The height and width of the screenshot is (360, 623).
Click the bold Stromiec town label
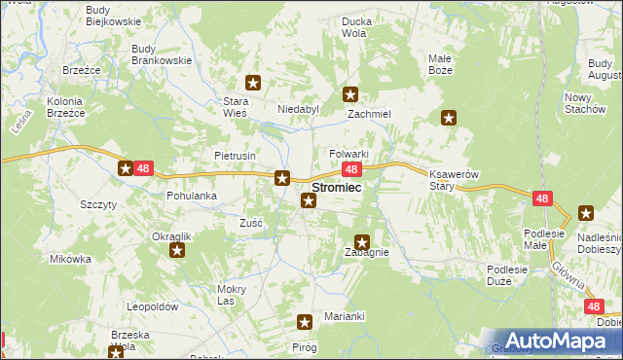(x=338, y=188)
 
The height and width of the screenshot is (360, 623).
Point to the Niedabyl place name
(x=299, y=109)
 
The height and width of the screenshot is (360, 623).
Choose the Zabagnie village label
(x=367, y=252)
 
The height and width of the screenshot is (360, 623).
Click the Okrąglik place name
(x=171, y=236)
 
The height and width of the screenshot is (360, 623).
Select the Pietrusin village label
(x=235, y=155)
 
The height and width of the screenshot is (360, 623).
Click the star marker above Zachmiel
(x=350, y=94)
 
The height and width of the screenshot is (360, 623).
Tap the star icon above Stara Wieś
(x=253, y=84)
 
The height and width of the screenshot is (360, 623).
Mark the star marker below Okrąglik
(x=177, y=251)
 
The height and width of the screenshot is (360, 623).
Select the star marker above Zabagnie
(x=362, y=242)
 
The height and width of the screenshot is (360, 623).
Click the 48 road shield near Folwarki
(x=354, y=169)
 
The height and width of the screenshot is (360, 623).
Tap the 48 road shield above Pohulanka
(x=143, y=168)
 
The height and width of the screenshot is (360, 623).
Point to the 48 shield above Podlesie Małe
(x=543, y=198)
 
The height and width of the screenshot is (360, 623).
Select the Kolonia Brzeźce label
(x=60, y=107)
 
